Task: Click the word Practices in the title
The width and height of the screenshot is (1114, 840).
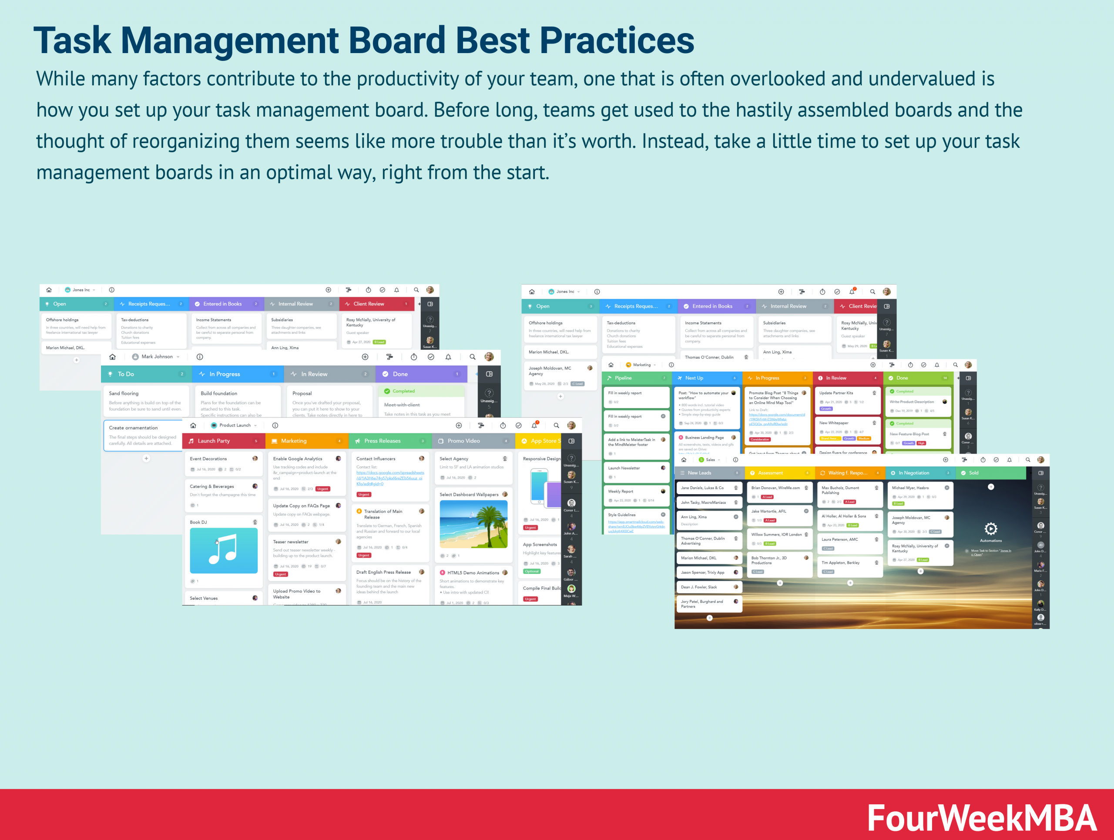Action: coord(617,40)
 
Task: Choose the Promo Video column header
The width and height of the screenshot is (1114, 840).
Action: coord(463,441)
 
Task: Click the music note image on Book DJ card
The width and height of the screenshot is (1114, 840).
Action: coord(224,550)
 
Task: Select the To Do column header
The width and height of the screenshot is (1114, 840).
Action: coord(126,374)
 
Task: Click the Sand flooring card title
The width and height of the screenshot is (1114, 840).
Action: coord(124,394)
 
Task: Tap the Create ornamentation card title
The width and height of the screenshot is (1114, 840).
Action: coord(134,428)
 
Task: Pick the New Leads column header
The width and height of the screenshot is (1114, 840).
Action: coord(700,473)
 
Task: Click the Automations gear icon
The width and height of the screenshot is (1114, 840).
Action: coord(990,529)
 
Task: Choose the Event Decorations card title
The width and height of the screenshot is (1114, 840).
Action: coord(208,459)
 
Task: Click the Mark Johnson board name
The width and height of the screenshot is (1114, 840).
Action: coord(157,357)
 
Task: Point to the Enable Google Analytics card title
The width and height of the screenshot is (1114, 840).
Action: coord(298,459)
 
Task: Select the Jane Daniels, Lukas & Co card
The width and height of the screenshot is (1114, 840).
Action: coord(702,488)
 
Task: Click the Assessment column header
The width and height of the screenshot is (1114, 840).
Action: coord(771,473)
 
